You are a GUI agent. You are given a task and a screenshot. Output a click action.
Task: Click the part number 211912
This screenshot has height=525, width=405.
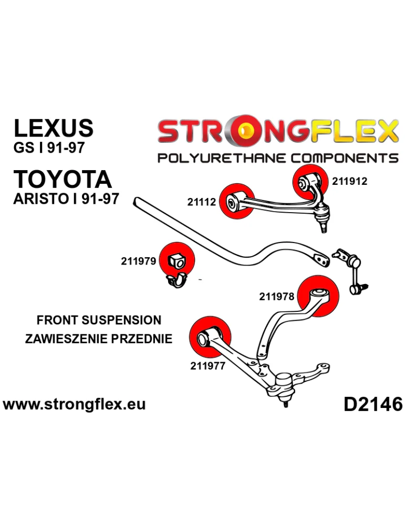coord(349,182)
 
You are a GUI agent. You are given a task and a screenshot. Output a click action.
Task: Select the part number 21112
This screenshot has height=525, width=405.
coord(202,202)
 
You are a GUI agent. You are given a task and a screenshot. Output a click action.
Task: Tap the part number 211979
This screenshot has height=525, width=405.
coord(138,260)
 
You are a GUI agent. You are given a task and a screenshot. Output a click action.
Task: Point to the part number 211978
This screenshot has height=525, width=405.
coord(276,297)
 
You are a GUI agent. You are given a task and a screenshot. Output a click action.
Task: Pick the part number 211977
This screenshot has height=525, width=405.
coord(207,366)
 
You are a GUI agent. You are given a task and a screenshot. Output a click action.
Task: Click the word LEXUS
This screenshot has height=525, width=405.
coord(53,128)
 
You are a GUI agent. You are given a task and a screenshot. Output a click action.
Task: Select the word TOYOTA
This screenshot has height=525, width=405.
coord(63,179)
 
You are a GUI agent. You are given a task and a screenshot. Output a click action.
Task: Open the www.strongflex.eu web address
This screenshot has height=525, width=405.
coord(74,404)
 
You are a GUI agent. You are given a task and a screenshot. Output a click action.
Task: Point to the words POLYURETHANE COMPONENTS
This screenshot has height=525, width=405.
coord(278,158)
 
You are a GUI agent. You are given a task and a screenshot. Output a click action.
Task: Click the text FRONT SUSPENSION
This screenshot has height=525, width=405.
coord(99,320)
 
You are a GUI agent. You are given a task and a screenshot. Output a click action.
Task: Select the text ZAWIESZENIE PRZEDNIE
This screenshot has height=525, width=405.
coord(99,339)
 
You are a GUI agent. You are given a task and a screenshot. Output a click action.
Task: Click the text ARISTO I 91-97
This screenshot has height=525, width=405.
coord(66,199)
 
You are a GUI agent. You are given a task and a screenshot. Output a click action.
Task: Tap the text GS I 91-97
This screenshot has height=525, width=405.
coord(48,148)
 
